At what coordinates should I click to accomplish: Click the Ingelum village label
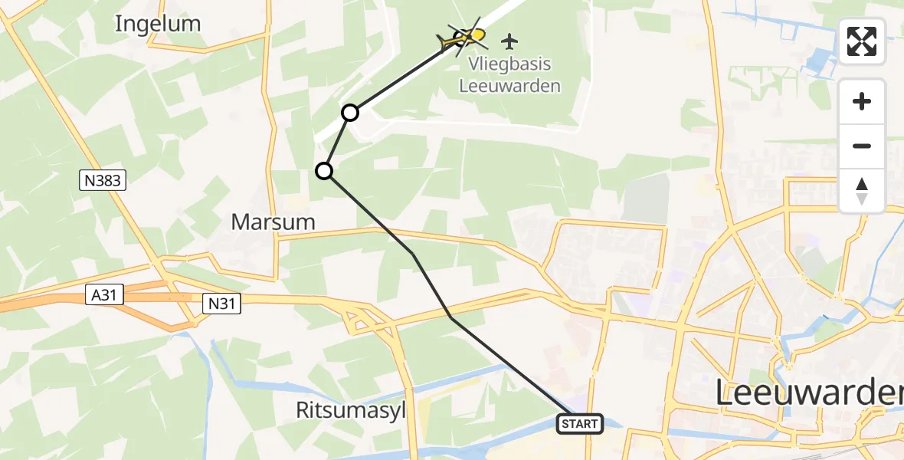tap(158, 24)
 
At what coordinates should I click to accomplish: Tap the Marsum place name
tap(273, 222)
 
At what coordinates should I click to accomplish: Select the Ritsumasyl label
tap(350, 411)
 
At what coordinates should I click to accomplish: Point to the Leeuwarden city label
tap(809, 393)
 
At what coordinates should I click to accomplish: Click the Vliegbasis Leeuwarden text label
tap(509, 75)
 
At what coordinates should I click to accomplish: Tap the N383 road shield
tap(103, 181)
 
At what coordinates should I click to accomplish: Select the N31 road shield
tap(221, 304)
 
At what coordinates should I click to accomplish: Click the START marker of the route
tap(580, 424)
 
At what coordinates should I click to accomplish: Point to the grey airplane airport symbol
tap(510, 39)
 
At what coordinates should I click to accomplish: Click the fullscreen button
tap(862, 41)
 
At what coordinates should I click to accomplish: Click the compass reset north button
tap(862, 191)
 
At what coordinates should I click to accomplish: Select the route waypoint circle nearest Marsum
tap(325, 170)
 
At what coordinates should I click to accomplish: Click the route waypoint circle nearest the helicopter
tap(350, 113)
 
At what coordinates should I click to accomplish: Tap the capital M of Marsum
tap(241, 222)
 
